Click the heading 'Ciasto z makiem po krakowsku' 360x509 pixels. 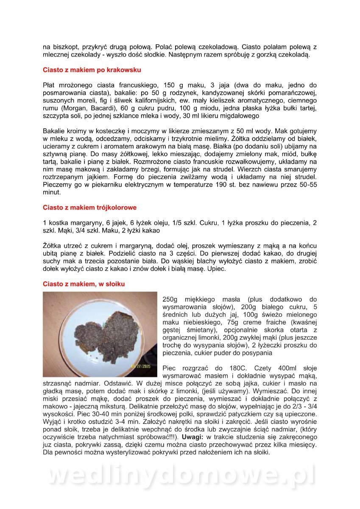[x=92, y=70]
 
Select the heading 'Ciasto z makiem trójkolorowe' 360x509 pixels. [x=89, y=207]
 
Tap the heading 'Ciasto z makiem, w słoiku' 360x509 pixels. [x=84, y=283]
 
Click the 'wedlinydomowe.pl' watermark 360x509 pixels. [x=180, y=476]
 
